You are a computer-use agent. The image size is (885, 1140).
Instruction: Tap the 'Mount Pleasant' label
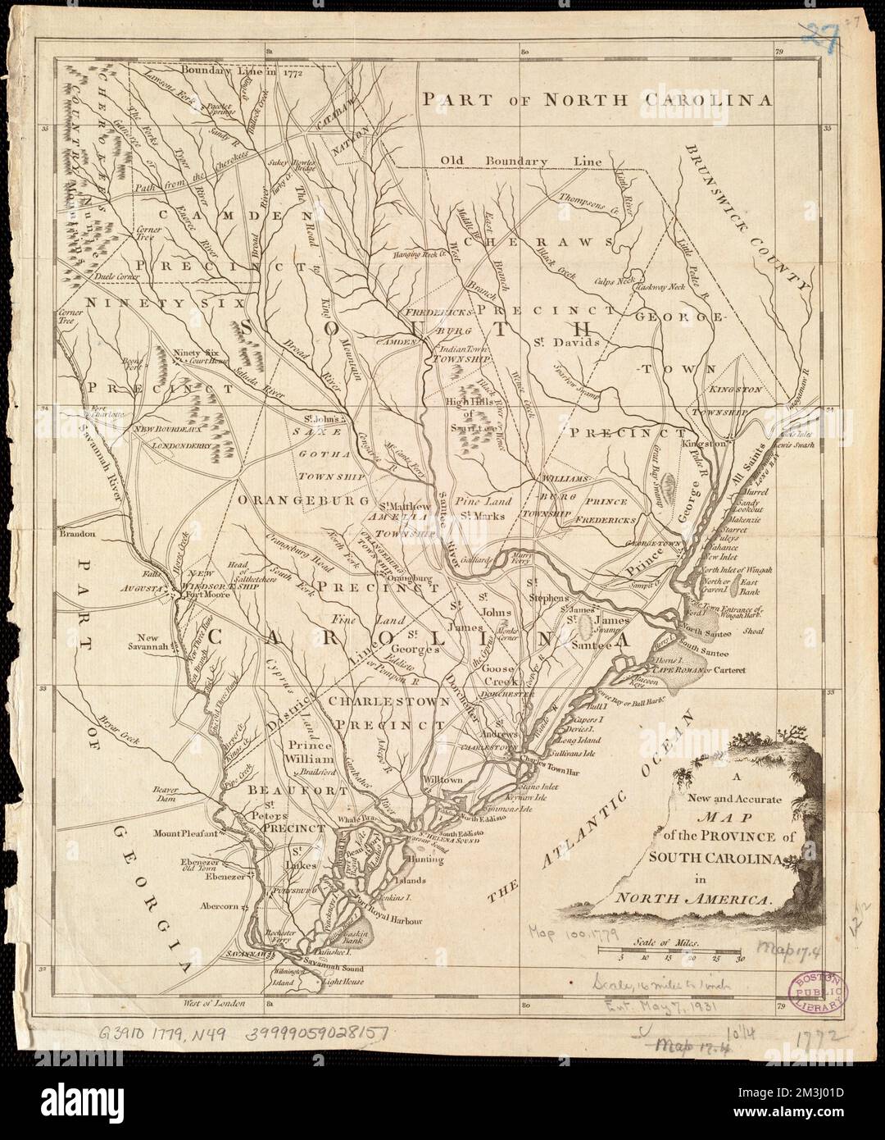188,834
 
